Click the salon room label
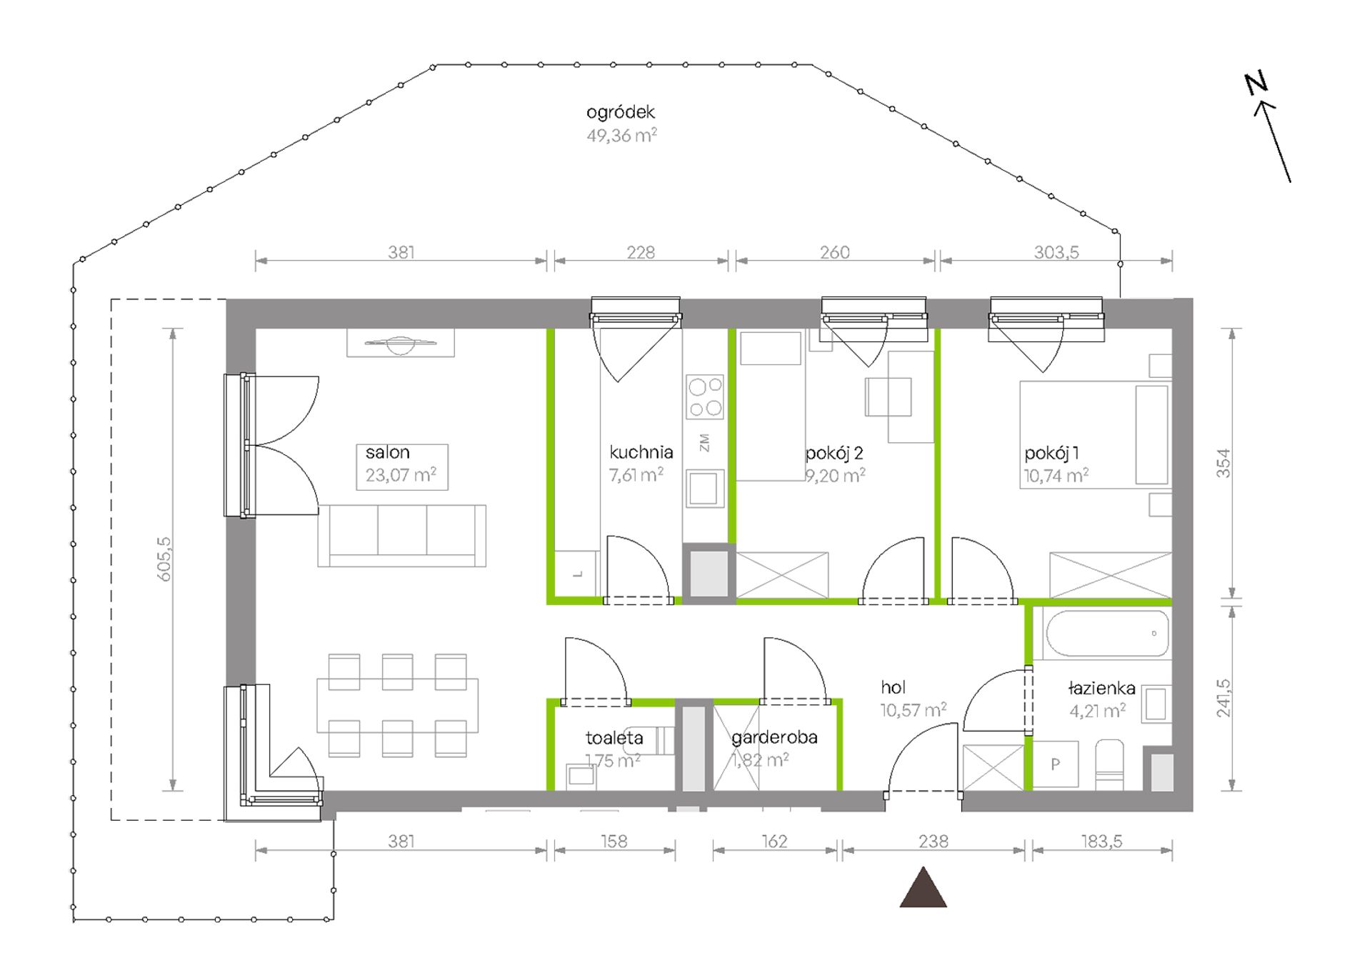point(387,452)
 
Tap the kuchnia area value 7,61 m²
point(636,475)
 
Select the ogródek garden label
point(621,112)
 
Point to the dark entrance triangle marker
point(923,888)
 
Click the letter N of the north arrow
point(1256,84)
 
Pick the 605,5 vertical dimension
point(164,559)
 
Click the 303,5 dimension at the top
point(1056,252)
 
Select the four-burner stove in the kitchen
point(704,396)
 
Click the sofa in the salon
point(401,536)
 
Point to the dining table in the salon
point(397,706)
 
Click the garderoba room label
point(774,737)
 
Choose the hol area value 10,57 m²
point(913,710)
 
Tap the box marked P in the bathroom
point(1056,764)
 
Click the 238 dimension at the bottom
point(933,842)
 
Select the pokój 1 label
point(1051,453)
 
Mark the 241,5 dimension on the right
point(1223,698)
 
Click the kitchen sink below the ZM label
point(705,489)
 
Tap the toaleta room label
point(614,738)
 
